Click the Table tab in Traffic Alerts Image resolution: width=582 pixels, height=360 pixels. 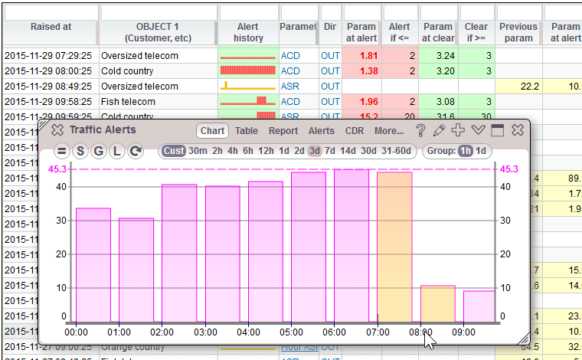pyautogui.click(x=247, y=131)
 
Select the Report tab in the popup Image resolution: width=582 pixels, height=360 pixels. pyautogui.click(x=283, y=131)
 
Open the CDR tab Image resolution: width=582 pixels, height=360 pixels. pyautogui.click(x=355, y=131)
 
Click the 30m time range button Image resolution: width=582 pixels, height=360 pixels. pyautogui.click(x=198, y=151)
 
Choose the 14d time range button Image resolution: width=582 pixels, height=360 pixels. pyautogui.click(x=348, y=151)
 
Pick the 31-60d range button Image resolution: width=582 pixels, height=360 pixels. pyautogui.click(x=397, y=151)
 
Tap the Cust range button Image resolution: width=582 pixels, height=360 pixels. pyautogui.click(x=174, y=151)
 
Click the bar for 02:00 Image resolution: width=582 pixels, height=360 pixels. pyautogui.click(x=179, y=253)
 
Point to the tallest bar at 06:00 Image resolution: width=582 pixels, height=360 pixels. pyautogui.click(x=351, y=245)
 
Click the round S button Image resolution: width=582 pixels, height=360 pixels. pyautogui.click(x=80, y=151)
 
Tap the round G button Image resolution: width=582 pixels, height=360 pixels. pyautogui.click(x=99, y=151)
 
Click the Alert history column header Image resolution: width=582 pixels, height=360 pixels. pyautogui.click(x=248, y=32)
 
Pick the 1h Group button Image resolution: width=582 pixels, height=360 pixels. pyautogui.click(x=466, y=151)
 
